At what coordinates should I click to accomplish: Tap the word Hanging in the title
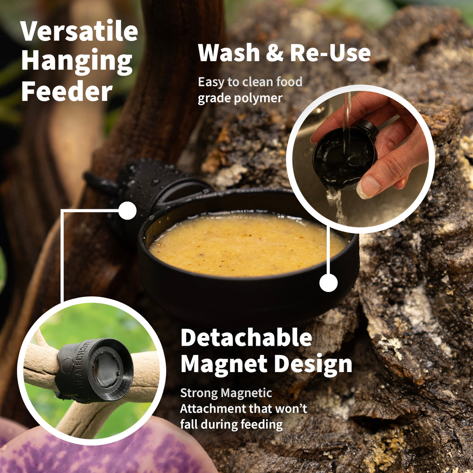click(77, 61)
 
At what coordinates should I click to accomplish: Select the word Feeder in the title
click(67, 91)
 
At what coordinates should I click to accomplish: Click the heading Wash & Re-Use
click(284, 53)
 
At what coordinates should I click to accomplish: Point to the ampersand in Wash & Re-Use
click(275, 54)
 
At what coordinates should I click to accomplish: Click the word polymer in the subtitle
click(258, 98)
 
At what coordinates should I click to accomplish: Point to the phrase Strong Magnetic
click(226, 393)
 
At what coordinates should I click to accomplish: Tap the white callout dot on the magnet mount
click(127, 210)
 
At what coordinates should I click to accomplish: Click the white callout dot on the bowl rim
click(328, 283)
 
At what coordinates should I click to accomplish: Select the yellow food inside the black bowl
click(246, 244)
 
